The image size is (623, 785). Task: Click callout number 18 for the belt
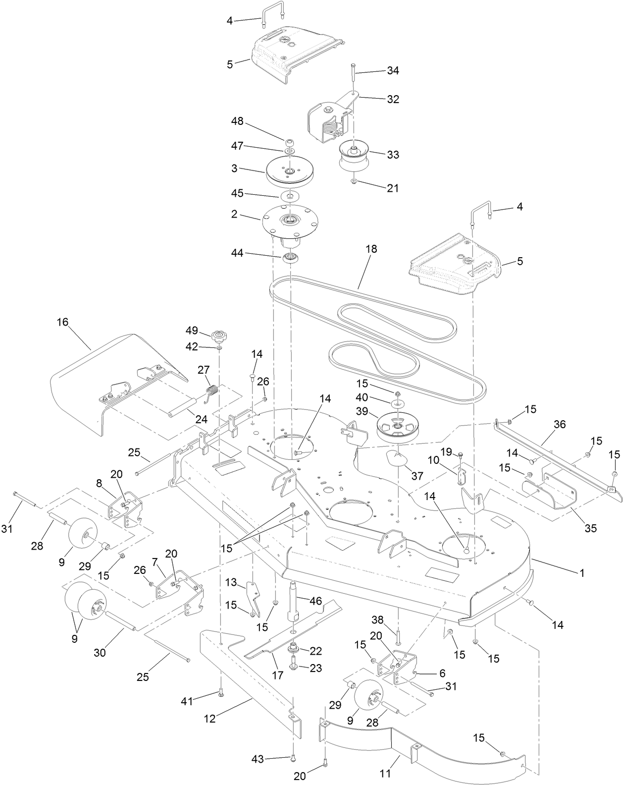(371, 249)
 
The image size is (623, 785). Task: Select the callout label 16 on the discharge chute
(62, 322)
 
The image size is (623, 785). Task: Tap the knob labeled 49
(217, 337)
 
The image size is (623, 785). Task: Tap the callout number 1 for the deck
(582, 573)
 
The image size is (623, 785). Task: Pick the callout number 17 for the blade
(277, 675)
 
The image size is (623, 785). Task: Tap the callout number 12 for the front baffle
(210, 719)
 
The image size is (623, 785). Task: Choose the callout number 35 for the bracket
(590, 528)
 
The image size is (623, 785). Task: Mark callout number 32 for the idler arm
(393, 99)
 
